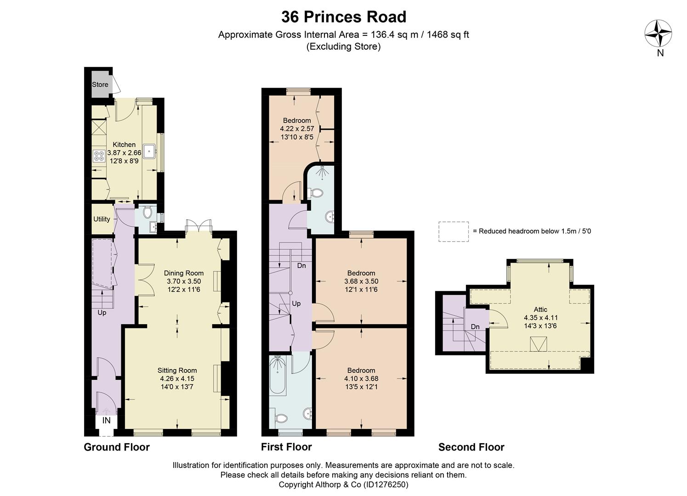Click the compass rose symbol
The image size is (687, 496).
(658, 34)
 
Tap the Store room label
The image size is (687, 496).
(100, 85)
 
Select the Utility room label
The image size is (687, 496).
(102, 219)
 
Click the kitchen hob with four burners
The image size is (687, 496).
(99, 156)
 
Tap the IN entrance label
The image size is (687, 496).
(106, 420)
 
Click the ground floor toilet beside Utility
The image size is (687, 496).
(148, 212)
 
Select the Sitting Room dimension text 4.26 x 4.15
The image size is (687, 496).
(177, 378)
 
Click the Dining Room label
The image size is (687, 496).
(184, 273)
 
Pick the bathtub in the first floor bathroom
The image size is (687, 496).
(278, 374)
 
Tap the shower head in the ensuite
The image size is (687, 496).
(322, 172)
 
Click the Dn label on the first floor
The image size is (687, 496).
(301, 265)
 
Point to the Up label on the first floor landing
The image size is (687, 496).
(296, 304)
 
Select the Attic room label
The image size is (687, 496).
(540, 309)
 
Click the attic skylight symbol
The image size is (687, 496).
(538, 344)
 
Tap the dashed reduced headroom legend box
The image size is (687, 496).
(454, 231)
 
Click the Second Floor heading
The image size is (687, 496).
(471, 447)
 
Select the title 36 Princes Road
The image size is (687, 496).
(344, 17)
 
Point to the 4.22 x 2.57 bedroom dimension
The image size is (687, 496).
(297, 129)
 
